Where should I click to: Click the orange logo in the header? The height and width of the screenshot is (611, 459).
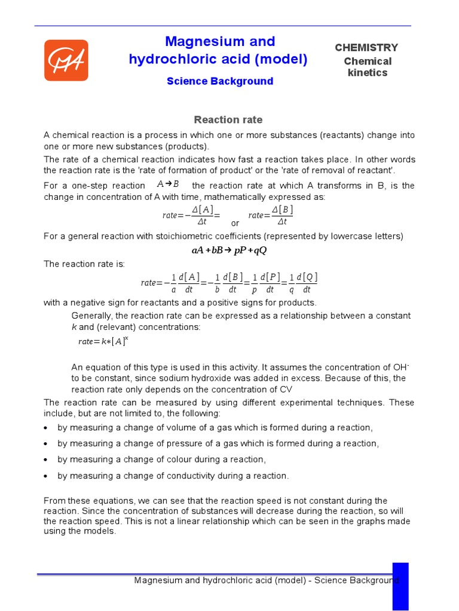click(66, 60)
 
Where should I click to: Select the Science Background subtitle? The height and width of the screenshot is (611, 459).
click(219, 81)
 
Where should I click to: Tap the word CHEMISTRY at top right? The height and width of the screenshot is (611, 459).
click(366, 48)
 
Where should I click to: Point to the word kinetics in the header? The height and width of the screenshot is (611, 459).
click(368, 73)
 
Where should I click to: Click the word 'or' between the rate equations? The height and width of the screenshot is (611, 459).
click(235, 223)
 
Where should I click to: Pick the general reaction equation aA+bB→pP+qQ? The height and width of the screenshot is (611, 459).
click(229, 250)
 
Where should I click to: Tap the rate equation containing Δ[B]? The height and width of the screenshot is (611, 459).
click(271, 215)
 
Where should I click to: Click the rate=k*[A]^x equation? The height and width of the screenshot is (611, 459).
click(103, 341)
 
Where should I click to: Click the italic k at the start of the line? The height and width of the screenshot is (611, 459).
click(74, 327)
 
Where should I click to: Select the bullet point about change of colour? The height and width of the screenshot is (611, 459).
click(161, 459)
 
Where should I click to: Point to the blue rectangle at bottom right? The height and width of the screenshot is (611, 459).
click(400, 586)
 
